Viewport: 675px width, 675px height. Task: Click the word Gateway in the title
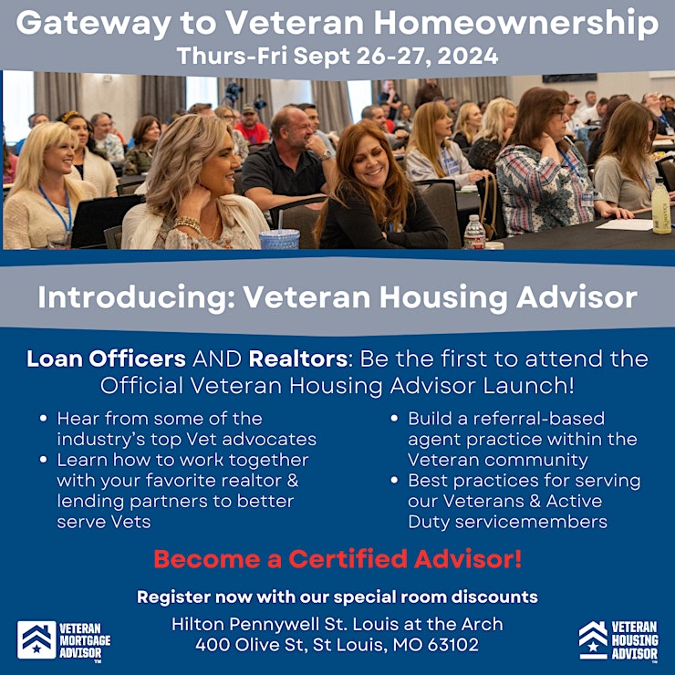click(x=93, y=24)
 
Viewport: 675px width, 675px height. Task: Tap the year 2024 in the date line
click(x=468, y=56)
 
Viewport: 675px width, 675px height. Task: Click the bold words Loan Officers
click(x=107, y=358)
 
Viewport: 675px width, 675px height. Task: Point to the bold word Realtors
click(x=298, y=358)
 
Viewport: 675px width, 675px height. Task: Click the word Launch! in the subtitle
click(x=529, y=385)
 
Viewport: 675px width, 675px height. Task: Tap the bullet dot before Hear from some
click(x=43, y=418)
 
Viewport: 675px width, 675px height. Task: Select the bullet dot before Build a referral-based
click(x=394, y=418)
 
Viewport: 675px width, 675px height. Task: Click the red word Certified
click(x=348, y=559)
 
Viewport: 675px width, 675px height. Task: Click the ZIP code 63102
click(x=453, y=645)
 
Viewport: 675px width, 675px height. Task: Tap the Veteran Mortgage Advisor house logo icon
click(x=36, y=639)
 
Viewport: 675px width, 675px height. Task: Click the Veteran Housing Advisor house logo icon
click(x=593, y=639)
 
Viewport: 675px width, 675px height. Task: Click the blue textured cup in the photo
click(x=279, y=239)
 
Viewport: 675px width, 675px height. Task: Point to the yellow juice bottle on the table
click(x=661, y=206)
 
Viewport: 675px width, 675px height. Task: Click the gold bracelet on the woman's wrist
click(x=187, y=223)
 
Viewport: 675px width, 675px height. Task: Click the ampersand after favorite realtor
click(x=293, y=481)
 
